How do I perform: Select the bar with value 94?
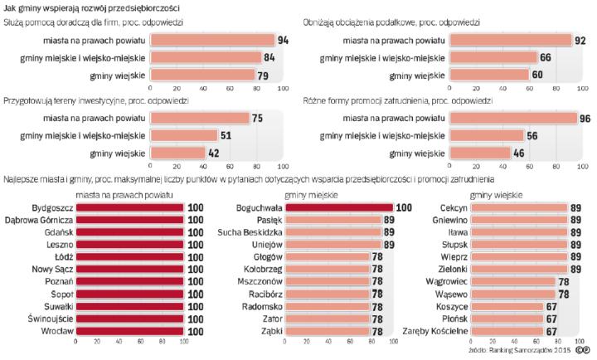tap(211, 40)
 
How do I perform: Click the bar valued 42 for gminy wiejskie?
tap(177, 153)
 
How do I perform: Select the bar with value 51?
tap(183, 136)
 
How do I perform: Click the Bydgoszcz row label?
tap(52, 208)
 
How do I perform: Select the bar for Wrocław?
tap(130, 331)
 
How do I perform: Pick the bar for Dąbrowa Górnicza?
tap(130, 221)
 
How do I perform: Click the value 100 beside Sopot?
tap(196, 294)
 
